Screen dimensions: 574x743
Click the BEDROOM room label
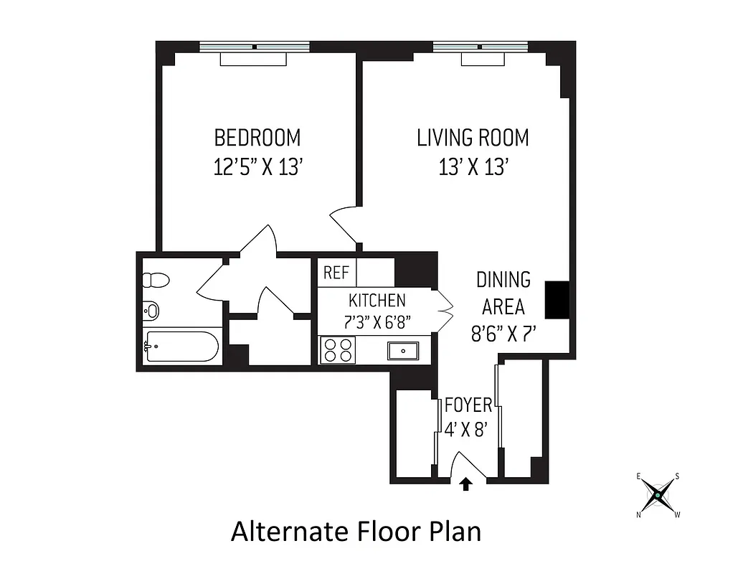257,137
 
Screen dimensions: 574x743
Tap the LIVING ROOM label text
473,137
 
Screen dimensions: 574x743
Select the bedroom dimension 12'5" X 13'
261,167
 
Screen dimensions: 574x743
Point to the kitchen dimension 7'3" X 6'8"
377,322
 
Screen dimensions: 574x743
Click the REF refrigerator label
336,273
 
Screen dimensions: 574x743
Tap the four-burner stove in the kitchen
338,349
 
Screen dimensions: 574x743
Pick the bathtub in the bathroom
181,347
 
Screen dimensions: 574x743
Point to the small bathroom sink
151,311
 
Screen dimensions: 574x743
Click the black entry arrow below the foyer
466,485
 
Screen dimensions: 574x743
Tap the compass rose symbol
658,494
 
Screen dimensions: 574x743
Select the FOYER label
468,405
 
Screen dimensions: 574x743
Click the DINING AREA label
503,293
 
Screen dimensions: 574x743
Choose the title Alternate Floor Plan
356,532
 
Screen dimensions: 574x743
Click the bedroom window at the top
254,47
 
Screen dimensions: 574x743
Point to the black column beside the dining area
557,299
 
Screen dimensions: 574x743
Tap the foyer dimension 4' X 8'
466,430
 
